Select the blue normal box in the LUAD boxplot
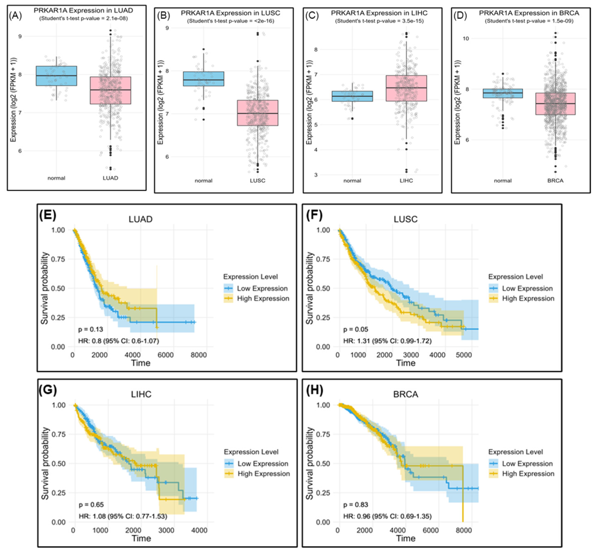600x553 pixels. [57, 76]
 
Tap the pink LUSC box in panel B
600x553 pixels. [258, 113]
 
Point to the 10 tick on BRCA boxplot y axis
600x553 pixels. [466, 39]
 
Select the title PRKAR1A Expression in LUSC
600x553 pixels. [230, 13]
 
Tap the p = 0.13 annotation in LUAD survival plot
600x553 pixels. [91, 329]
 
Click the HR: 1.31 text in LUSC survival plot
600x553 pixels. [387, 341]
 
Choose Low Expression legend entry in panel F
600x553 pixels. [527, 288]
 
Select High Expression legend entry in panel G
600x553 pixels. [264, 474]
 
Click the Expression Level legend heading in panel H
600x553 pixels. [515, 452]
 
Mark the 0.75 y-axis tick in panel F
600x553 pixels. [323, 259]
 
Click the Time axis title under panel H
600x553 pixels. [405, 538]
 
